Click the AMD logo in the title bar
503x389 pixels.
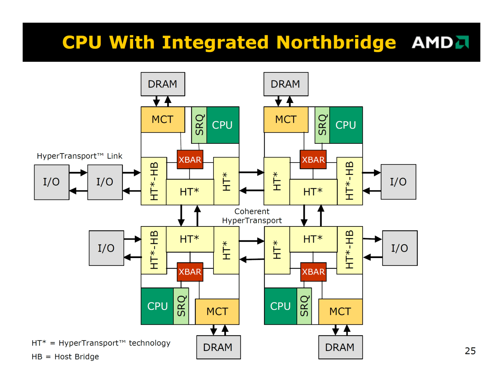click(x=440, y=42)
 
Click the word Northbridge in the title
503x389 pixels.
click(x=336, y=42)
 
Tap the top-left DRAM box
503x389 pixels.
click(x=163, y=84)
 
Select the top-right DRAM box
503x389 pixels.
click(x=286, y=84)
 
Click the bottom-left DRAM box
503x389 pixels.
click(x=218, y=347)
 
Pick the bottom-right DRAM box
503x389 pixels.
click(x=340, y=347)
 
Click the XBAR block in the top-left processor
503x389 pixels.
click(x=190, y=160)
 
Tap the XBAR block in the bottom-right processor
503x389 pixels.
click(x=313, y=272)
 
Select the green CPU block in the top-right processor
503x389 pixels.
click(x=346, y=125)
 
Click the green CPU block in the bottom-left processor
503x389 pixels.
click(x=157, y=306)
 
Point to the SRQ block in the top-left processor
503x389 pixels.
click(x=199, y=125)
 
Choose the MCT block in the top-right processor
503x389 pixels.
click(x=286, y=120)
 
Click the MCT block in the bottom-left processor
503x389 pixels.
click(x=217, y=312)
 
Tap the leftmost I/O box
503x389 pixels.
click(x=52, y=182)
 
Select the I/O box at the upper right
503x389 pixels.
click(x=398, y=182)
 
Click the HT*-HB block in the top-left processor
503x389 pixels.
click(x=154, y=181)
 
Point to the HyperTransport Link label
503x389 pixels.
click(x=80, y=156)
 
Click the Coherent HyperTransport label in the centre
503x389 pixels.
click(x=252, y=216)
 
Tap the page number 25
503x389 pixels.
click(x=470, y=351)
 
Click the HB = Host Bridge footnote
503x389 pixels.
click(x=65, y=357)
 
